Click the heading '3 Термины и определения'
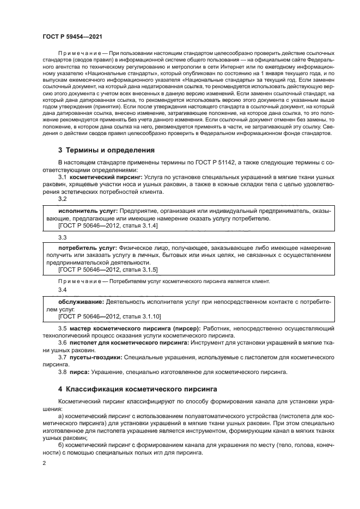[106, 150]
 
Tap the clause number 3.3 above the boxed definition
[62, 237]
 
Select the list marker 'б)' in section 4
[61, 444]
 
